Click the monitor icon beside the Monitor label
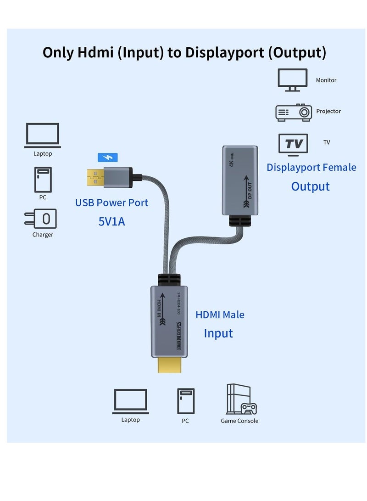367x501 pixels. pos(292,80)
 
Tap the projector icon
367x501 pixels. pos(294,112)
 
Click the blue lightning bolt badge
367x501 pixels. pos(108,158)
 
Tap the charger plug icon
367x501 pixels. pos(41,219)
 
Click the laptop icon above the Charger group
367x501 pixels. pos(42,135)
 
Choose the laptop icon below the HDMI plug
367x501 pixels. pos(130,401)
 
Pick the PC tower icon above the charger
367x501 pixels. pos(43,180)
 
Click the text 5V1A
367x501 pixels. pos(111,222)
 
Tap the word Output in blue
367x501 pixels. pos(310,186)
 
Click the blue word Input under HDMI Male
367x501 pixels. pos(218,333)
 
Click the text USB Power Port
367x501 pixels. pos(111,203)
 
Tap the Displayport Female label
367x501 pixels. pos(311,167)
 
